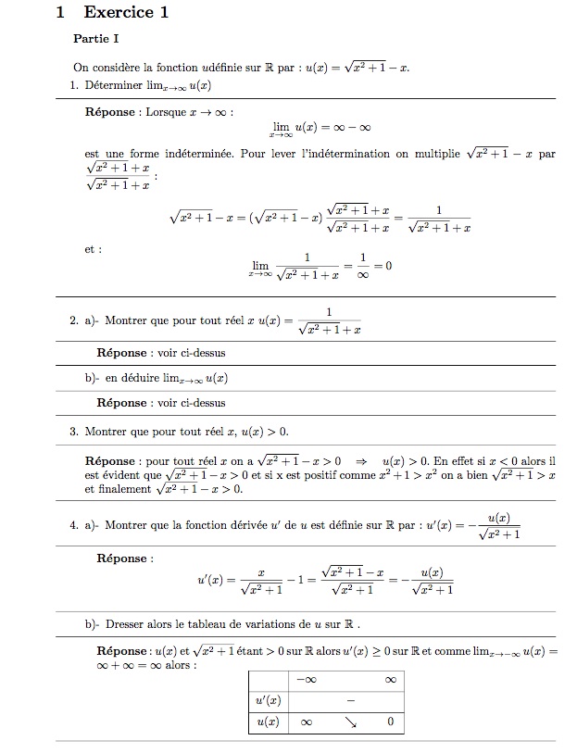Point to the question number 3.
pyautogui.click(x=73, y=431)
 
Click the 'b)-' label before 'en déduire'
pyautogui.click(x=92, y=378)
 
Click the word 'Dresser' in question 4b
pyautogui.click(x=126, y=623)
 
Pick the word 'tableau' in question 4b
pyautogui.click(x=198, y=623)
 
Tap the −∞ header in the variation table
pyautogui.click(x=306, y=680)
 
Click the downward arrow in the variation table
pyautogui.click(x=349, y=721)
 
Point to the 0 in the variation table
pyautogui.click(x=390, y=721)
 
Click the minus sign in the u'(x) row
pyautogui.click(x=351, y=699)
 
